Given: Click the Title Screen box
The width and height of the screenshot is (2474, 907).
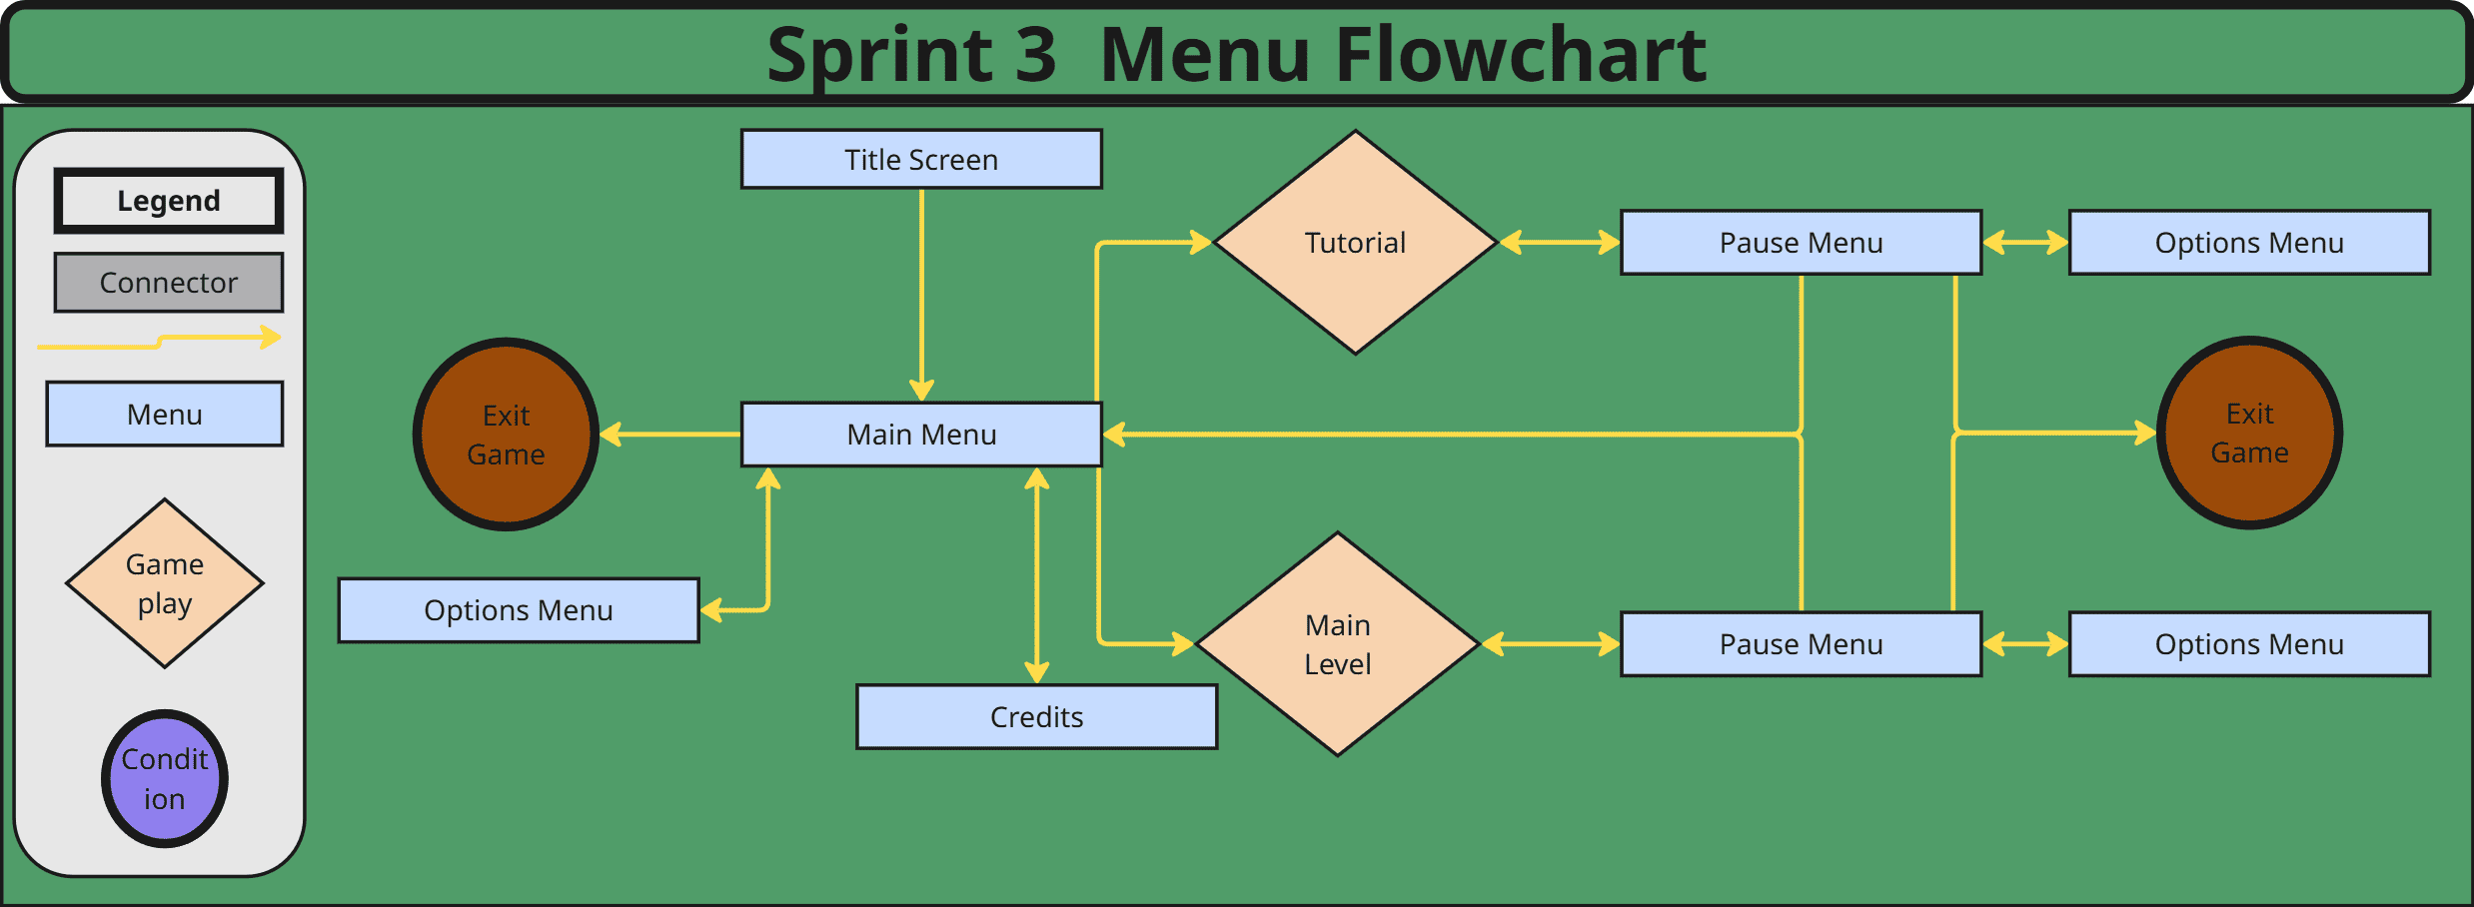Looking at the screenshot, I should (921, 159).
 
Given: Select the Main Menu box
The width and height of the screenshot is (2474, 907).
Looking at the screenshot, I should (921, 435).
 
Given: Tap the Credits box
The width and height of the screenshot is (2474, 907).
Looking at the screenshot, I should (1036, 717).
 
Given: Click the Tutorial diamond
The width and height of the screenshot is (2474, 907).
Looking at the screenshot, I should (1355, 243).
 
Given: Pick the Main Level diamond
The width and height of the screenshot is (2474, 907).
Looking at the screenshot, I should (1337, 644).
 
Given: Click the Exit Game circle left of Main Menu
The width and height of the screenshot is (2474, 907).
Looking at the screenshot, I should (506, 435).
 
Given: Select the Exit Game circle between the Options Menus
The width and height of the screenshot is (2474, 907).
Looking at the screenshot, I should (2249, 433).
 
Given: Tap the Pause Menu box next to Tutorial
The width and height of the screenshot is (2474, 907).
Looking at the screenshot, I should (1801, 243).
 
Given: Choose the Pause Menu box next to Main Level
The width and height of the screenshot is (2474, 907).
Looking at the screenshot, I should (1801, 644).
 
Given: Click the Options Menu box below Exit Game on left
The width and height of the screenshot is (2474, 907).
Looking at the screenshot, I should (519, 610).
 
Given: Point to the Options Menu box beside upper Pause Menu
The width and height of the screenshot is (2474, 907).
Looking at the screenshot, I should (2249, 243).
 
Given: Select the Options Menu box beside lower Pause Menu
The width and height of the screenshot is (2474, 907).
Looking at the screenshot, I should (2249, 644).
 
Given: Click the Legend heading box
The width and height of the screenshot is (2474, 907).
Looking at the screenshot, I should (169, 201).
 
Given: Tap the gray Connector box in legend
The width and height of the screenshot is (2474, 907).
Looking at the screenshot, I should (169, 283).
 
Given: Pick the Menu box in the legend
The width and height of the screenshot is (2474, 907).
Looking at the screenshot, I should (165, 414).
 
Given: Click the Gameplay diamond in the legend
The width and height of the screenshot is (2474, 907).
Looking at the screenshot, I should (165, 583).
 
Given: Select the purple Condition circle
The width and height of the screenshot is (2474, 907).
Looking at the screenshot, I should (165, 779).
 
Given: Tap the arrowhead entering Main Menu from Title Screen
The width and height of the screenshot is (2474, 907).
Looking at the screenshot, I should (921, 391).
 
